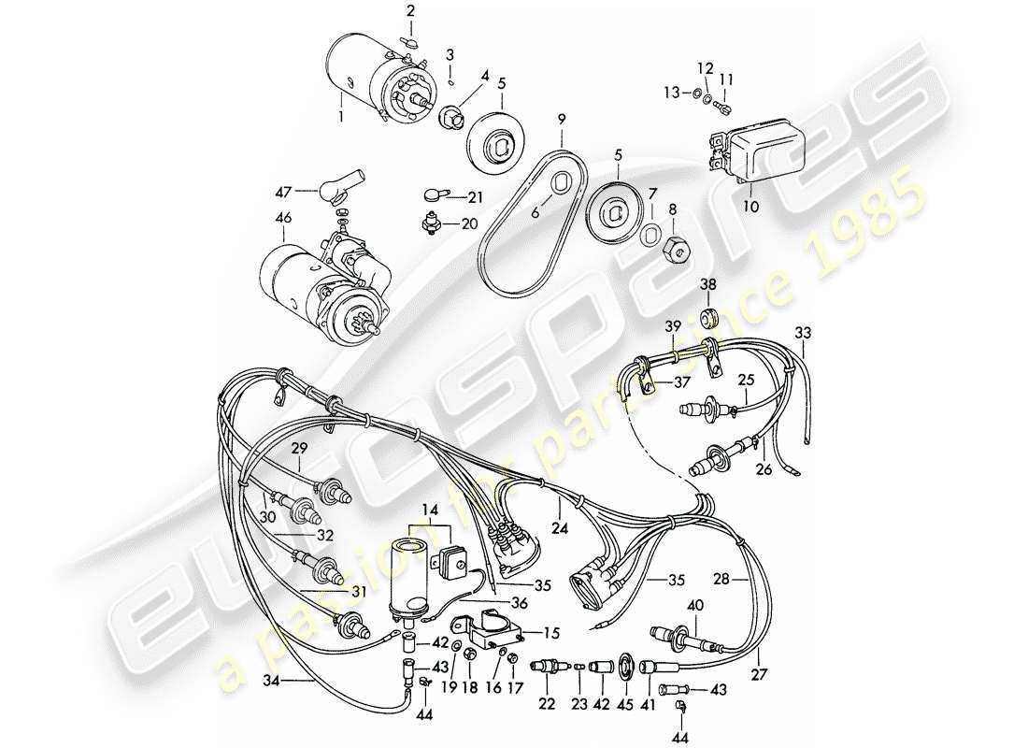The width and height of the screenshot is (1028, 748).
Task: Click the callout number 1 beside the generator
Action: tap(341, 117)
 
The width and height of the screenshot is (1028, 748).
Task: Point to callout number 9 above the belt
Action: tap(562, 120)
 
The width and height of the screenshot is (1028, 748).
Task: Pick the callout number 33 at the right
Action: tap(803, 333)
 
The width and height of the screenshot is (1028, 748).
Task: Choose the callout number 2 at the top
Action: tap(408, 10)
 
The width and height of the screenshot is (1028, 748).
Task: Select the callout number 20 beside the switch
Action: tap(469, 223)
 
